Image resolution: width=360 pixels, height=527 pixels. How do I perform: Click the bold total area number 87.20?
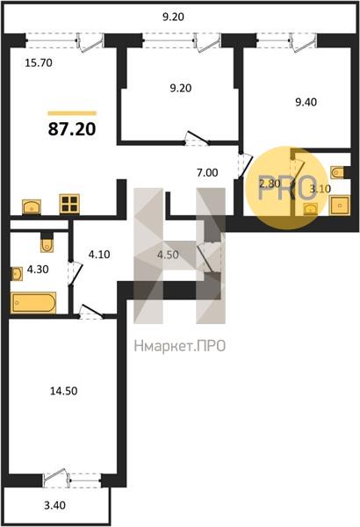(x=72, y=129)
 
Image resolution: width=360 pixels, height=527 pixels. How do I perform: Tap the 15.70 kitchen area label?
(x=39, y=63)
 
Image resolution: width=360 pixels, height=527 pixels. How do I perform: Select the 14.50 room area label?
(x=63, y=391)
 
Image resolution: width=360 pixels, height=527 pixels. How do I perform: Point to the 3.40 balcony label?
(x=54, y=505)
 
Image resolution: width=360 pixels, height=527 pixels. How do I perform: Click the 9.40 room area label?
(x=306, y=102)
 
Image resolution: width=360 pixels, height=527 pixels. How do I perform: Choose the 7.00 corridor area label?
(x=207, y=173)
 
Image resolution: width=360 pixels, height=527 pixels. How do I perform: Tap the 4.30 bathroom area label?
(x=38, y=270)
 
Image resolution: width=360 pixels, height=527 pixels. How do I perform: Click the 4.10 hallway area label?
(x=99, y=255)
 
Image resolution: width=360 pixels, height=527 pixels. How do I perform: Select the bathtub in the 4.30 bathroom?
(x=33, y=302)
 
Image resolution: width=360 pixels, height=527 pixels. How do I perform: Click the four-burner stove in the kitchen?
(x=69, y=204)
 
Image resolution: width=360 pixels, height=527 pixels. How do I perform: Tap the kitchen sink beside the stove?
(x=32, y=206)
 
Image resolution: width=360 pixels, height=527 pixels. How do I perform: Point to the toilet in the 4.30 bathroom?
(x=47, y=242)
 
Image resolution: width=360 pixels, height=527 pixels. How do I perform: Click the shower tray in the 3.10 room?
(x=340, y=205)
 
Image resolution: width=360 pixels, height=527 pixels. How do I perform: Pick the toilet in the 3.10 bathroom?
(x=339, y=173)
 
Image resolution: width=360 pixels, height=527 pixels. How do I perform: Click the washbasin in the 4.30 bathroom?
(x=17, y=273)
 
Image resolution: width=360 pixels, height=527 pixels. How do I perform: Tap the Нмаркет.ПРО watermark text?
(x=179, y=346)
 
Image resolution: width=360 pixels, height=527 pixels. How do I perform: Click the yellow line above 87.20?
(x=72, y=113)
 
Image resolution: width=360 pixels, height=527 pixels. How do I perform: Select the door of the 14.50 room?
(x=90, y=312)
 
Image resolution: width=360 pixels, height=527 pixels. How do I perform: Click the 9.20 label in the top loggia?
(x=173, y=17)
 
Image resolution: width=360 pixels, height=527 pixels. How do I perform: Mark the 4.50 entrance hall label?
(x=168, y=255)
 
